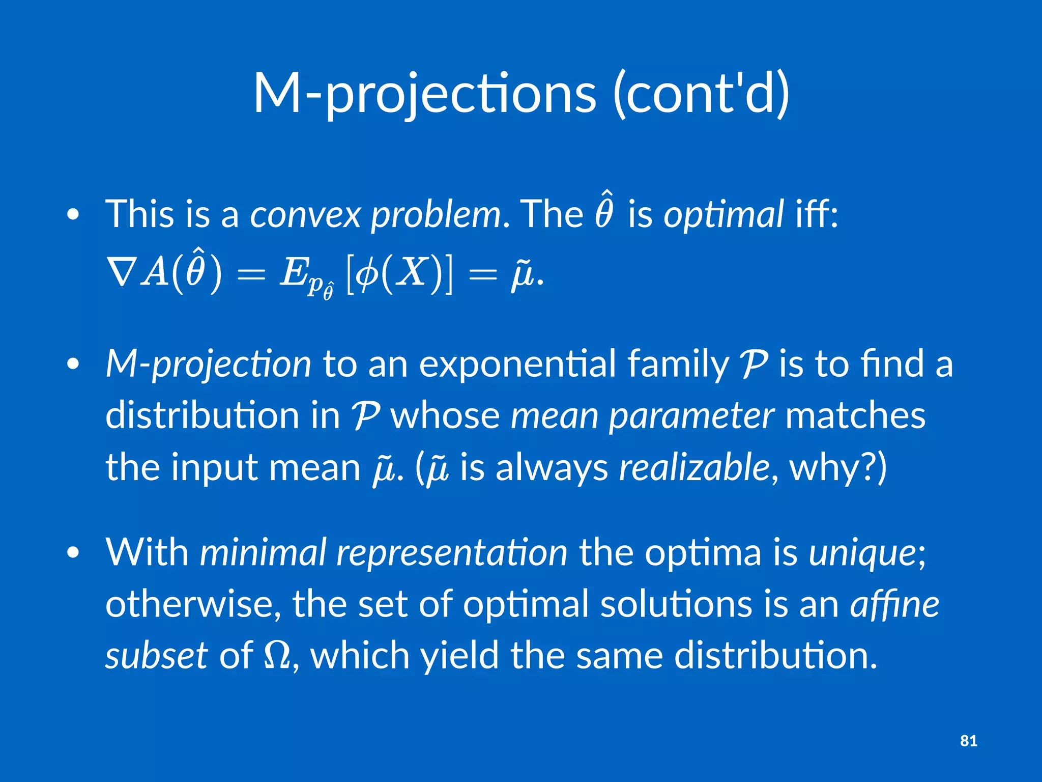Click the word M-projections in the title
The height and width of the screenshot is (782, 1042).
[424, 94]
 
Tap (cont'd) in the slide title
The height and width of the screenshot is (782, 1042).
[701, 94]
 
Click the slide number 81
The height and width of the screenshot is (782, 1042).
[968, 741]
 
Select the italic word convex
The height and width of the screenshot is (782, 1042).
[305, 215]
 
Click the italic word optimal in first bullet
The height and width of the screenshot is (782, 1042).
[723, 215]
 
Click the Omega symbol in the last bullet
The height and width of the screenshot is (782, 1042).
[278, 656]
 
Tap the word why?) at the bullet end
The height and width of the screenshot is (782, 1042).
[837, 467]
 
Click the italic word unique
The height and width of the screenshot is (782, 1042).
[862, 553]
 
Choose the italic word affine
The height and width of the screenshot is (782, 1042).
[894, 604]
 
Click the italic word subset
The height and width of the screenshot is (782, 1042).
[156, 656]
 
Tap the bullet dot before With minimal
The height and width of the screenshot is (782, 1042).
[73, 553]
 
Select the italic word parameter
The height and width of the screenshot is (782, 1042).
[691, 416]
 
